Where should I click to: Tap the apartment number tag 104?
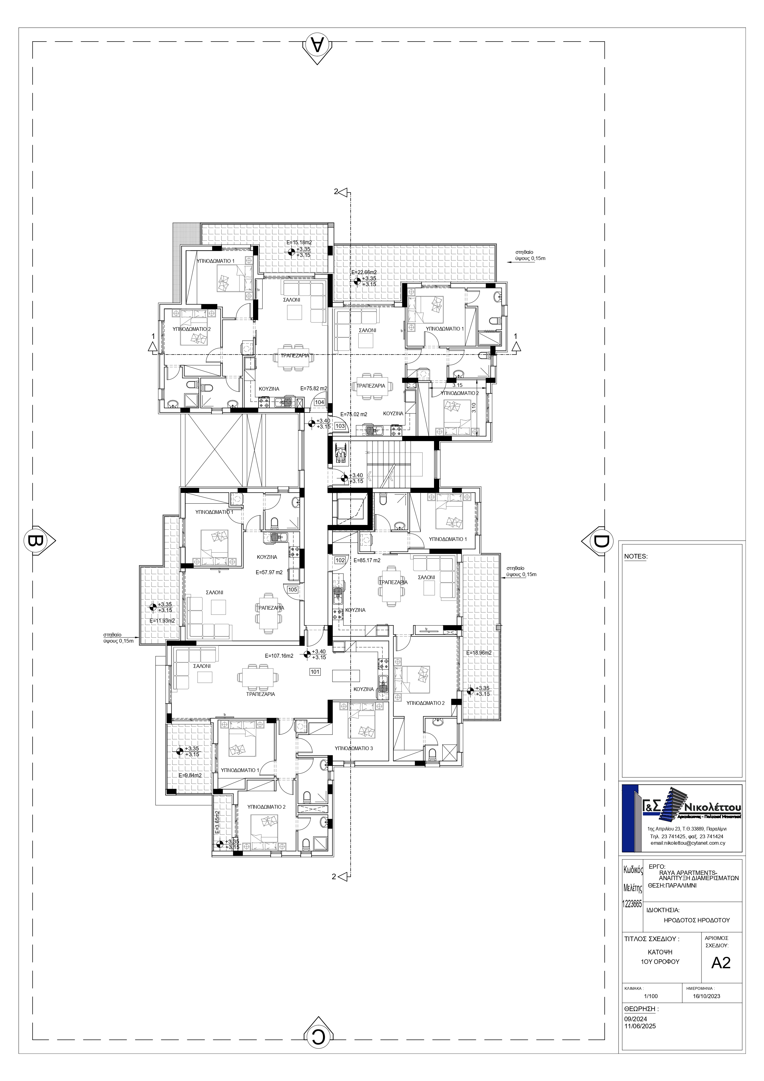click(x=320, y=402)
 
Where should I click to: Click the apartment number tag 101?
click(x=315, y=672)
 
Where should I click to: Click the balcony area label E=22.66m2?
click(x=364, y=272)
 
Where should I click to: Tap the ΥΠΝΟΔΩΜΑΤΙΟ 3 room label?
click(x=354, y=748)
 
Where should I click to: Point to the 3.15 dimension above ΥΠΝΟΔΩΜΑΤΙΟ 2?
click(x=457, y=385)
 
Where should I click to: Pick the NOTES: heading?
click(x=636, y=556)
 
